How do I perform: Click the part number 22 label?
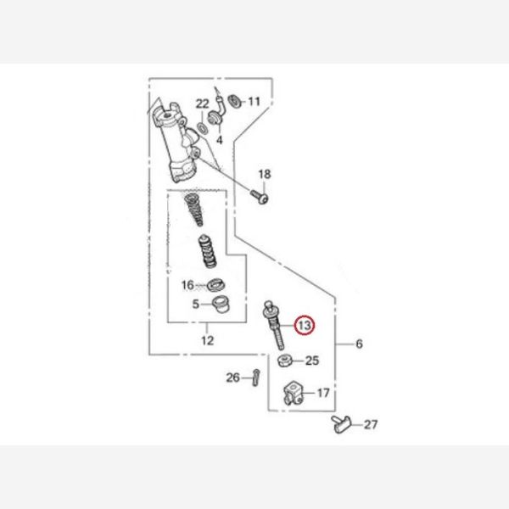pos(202,103)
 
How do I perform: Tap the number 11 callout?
pos(255,102)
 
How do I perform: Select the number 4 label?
pos(220,140)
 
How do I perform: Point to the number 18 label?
pos(265,174)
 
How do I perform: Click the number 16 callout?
pos(187,285)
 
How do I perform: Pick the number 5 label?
pos(195,305)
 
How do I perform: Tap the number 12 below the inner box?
pos(208,340)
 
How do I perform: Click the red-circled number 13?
pos(305,325)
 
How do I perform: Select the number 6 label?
pos(359,344)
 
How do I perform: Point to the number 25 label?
pos(312,361)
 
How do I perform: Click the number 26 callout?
pos(233,378)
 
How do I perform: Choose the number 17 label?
pos(323,393)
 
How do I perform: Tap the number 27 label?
pos(371,425)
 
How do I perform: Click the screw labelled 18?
pos(260,197)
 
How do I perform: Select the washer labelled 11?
pos(234,101)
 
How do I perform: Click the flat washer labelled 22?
pos(202,127)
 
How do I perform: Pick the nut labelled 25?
pos(285,361)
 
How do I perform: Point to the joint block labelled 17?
pos(294,393)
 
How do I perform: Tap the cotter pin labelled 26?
pos(256,378)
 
